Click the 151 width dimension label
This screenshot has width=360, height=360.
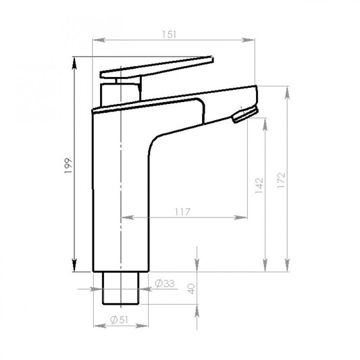(x=170, y=34)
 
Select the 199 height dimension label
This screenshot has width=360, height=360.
(x=68, y=165)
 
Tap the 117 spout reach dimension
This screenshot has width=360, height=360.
(x=183, y=212)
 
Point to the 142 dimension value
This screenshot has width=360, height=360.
(x=259, y=186)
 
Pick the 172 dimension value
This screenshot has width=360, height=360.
(x=281, y=180)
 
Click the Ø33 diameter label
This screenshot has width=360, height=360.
(x=165, y=284)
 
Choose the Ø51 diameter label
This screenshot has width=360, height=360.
(x=119, y=319)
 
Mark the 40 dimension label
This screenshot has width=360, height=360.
(x=191, y=289)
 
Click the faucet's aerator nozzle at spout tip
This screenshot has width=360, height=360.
(x=245, y=114)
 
